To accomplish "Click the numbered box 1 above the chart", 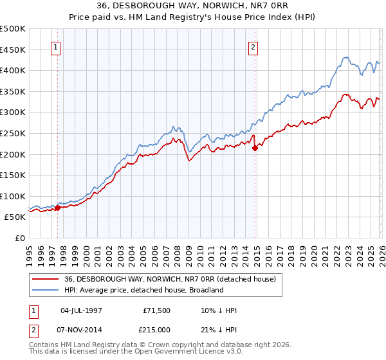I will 57,47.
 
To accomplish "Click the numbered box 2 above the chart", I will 253,47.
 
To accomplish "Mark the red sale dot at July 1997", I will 57,208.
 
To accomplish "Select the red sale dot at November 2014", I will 255,148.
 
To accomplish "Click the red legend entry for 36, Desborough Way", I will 170,279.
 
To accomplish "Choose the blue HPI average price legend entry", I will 143,290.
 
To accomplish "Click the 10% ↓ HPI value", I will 218,310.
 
